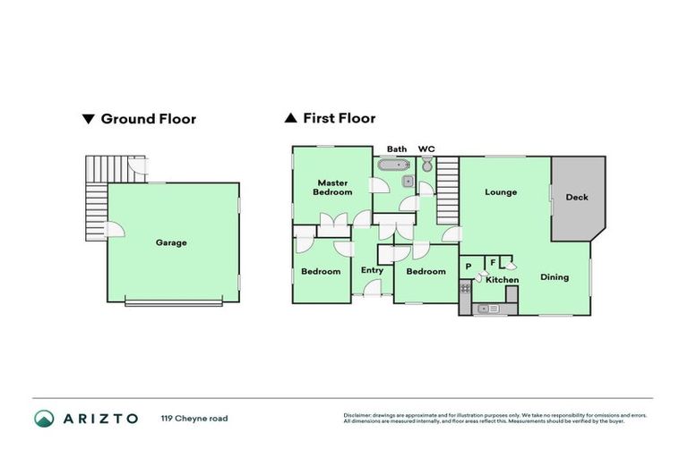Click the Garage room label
[171, 242]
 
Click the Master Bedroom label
[331, 187]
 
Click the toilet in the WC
[427, 165]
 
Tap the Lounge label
[501, 191]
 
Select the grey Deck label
[577, 197]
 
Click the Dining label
[555, 277]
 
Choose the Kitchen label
[502, 281]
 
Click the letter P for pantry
[469, 266]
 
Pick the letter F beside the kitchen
[493, 262]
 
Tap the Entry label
[372, 270]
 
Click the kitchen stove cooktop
[465, 288]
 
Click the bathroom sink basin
[408, 182]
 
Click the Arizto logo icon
[44, 418]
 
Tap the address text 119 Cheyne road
[193, 418]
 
